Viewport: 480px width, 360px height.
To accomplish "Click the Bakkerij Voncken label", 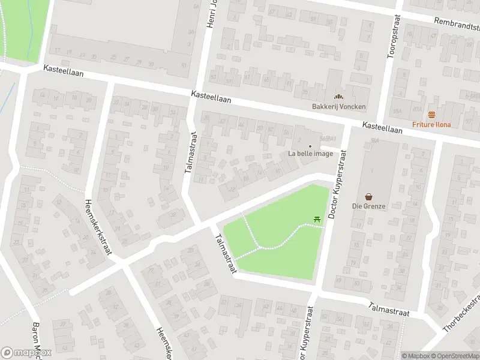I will point(338,107).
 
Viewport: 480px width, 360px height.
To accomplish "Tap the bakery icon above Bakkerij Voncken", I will point(338,96).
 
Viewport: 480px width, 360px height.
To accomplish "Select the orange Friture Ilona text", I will point(431,124).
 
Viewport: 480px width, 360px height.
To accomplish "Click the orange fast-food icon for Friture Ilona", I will point(431,115).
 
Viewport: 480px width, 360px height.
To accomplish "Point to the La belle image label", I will point(310,153).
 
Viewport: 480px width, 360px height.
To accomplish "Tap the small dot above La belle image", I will point(310,145).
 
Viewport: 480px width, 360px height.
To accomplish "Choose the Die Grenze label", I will point(369,206).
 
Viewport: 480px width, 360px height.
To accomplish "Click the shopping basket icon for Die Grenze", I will point(369,196).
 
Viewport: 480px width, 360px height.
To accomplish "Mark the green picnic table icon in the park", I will point(317,221).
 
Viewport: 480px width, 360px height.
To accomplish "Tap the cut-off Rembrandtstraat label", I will point(458,24).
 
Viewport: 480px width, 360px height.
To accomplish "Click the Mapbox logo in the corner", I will point(26,352).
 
